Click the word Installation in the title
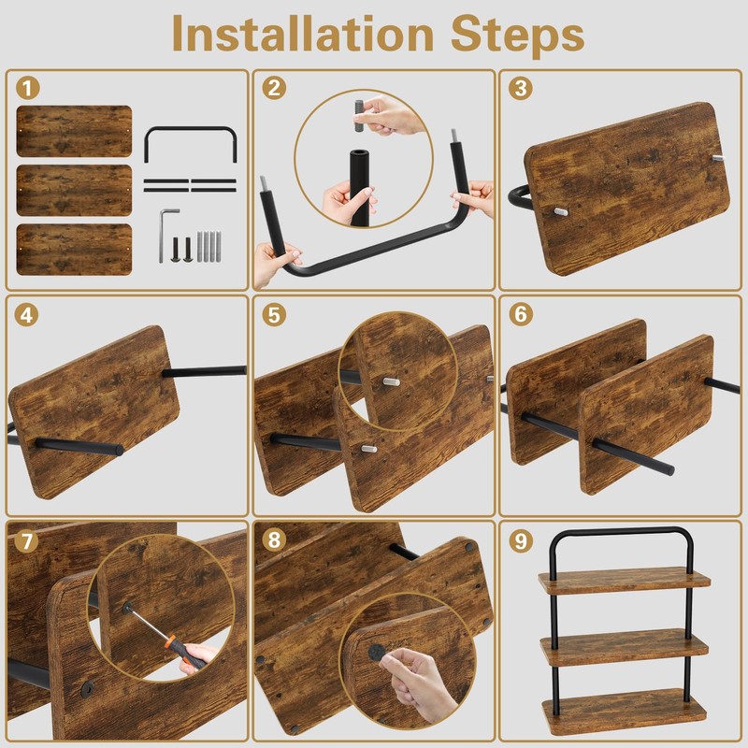(303, 34)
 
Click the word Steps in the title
(518, 36)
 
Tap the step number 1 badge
(28, 88)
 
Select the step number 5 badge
(274, 315)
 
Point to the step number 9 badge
(521, 540)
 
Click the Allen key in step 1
(167, 235)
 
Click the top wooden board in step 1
(74, 131)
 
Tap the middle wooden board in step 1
(74, 191)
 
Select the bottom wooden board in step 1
(74, 250)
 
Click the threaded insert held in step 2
(360, 116)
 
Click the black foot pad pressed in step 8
(377, 652)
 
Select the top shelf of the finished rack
(625, 581)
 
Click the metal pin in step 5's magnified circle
(391, 381)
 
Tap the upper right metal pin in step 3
(718, 158)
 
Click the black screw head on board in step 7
(87, 688)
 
